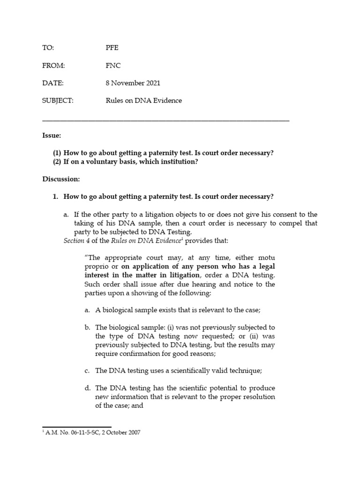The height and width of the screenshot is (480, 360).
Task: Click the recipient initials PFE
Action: pos(112,48)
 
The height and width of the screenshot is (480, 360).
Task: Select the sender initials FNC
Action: pos(113,66)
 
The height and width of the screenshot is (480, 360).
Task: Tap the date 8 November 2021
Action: pos(133,83)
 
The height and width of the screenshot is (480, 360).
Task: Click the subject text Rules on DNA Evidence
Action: pos(144,100)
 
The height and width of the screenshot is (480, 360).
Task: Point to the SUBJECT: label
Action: pos(58,100)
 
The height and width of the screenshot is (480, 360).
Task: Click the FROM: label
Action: pos(53,66)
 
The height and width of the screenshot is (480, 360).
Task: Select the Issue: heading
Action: pos(52,135)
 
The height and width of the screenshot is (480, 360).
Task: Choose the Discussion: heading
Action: pos(61,179)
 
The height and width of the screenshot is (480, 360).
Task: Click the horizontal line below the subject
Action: pos(165,121)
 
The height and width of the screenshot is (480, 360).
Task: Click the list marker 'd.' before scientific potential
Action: pos(87,388)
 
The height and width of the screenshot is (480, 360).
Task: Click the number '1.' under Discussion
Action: pos(55,196)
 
